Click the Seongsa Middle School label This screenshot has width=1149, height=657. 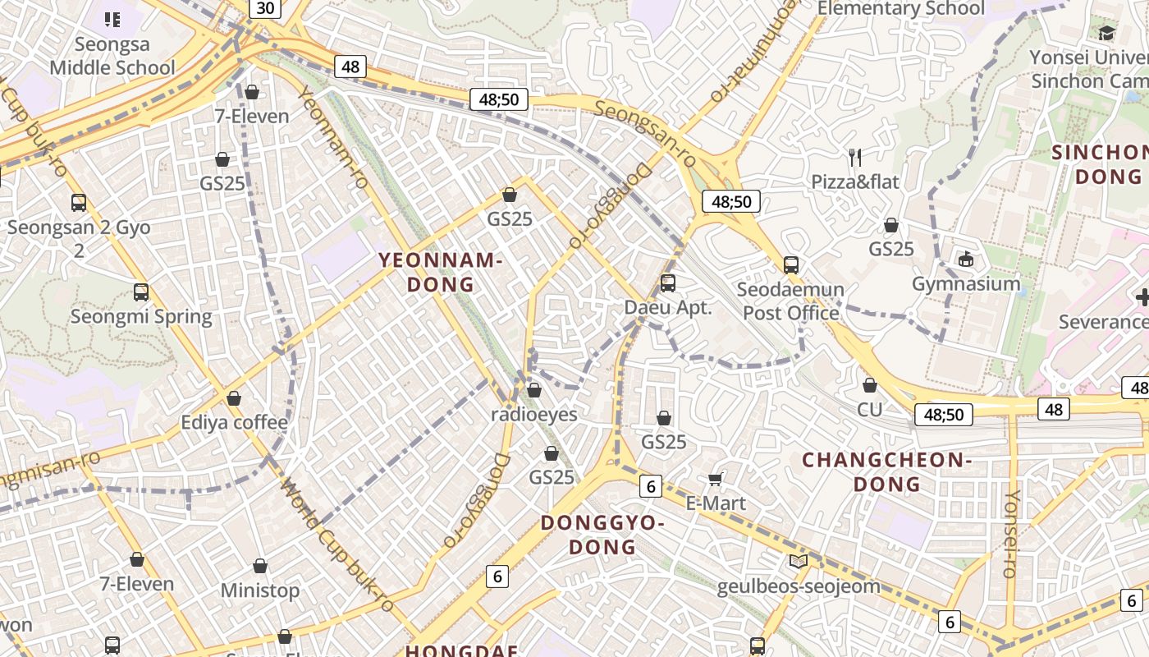point(112,55)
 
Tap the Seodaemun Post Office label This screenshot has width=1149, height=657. point(790,301)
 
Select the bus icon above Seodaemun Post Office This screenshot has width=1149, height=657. point(791,264)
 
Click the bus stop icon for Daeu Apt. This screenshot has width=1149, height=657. point(668,283)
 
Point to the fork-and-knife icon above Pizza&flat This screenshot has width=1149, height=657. point(855,156)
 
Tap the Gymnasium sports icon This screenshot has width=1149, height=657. point(966,259)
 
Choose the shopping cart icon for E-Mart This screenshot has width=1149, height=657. point(716,479)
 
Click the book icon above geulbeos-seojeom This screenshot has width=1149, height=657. point(798,562)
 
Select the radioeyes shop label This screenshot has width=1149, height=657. point(533,415)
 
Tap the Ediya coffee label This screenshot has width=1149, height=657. point(234,423)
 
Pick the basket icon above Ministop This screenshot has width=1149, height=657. point(260,566)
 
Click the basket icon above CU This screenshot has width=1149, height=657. point(870,384)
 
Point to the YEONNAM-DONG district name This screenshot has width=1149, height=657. point(441,272)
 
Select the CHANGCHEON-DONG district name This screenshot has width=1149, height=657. point(886,471)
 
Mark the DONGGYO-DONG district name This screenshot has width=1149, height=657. point(602,535)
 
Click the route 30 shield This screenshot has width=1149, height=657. point(264,8)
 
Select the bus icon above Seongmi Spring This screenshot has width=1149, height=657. point(141,292)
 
